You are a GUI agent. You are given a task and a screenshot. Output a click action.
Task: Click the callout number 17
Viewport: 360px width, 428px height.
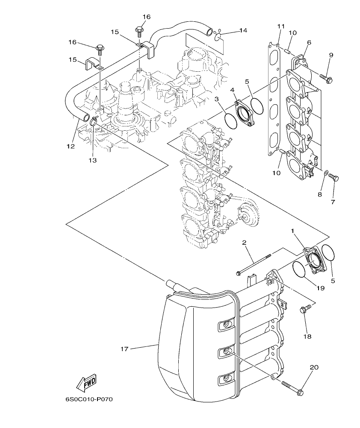click(124, 349)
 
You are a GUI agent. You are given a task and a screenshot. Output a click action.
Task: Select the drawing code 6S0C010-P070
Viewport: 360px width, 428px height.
click(89, 400)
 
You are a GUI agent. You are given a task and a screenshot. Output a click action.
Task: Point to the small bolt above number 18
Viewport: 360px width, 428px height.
click(305, 310)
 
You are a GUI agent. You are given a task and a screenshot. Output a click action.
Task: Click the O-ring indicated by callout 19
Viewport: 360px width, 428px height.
click(301, 270)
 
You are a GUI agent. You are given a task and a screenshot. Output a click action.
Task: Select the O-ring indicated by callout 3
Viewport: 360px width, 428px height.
click(231, 120)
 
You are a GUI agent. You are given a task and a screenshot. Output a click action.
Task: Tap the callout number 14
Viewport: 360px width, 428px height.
click(243, 30)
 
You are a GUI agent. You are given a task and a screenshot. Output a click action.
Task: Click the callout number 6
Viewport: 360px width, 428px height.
click(309, 42)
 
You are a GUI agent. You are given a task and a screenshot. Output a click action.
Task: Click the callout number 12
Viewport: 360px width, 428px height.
click(71, 146)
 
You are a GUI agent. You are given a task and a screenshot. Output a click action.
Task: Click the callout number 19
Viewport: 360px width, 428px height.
click(320, 288)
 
